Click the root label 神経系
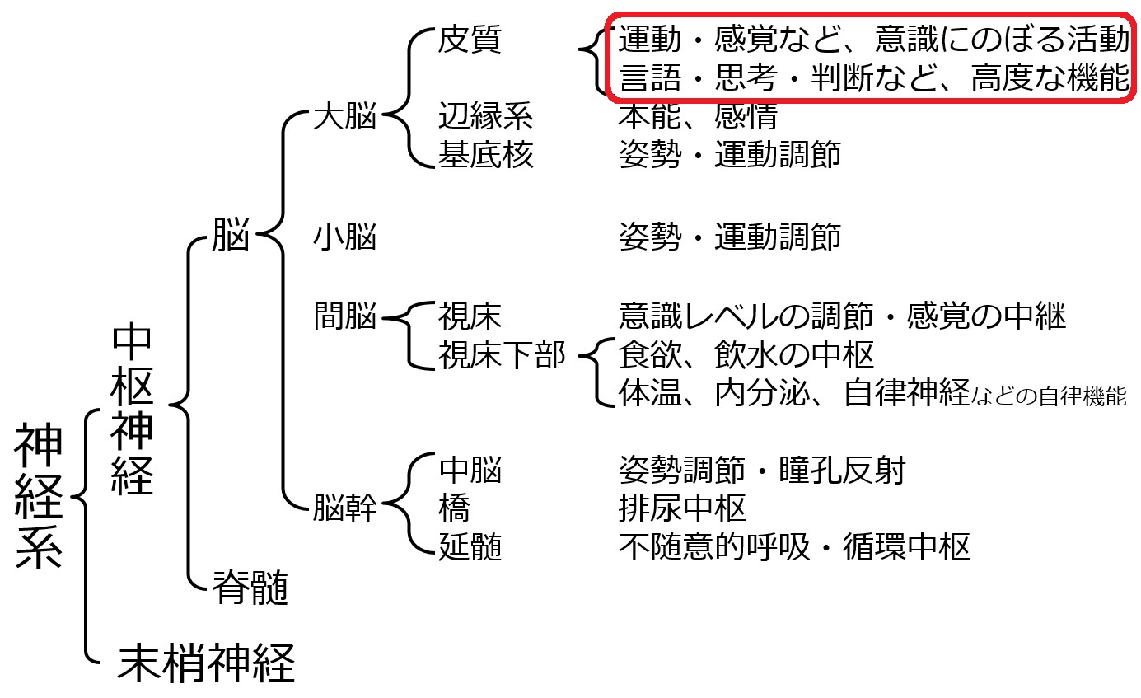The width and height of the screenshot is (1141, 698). (39, 496)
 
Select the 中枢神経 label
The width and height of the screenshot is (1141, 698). (132, 408)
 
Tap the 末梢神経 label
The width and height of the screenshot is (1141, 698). (206, 663)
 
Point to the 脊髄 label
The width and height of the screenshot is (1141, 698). (250, 587)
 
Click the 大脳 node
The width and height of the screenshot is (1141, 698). (345, 115)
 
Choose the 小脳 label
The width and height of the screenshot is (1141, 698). (345, 237)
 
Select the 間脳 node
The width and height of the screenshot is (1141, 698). (345, 316)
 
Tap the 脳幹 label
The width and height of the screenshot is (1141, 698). (345, 508)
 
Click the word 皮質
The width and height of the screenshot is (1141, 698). (470, 39)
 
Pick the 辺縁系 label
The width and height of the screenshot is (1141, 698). (486, 115)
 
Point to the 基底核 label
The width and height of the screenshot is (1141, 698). (486, 154)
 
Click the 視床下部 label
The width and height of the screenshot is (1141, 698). (503, 355)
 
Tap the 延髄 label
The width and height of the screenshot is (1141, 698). (470, 546)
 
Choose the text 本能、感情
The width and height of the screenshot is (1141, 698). (699, 116)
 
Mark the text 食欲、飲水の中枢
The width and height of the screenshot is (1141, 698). (746, 355)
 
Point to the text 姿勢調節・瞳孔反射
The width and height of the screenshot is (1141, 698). (762, 469)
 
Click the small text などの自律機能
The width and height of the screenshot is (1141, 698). (1049, 396)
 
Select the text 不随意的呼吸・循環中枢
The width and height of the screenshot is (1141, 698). (794, 546)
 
